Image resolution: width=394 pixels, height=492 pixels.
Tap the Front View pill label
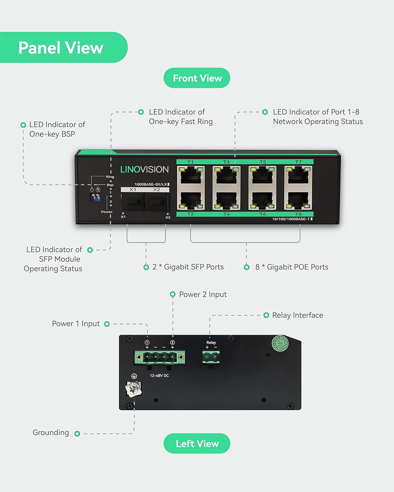pos(197,78)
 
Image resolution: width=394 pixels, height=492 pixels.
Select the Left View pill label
pos(197,443)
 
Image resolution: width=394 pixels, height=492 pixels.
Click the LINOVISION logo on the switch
pos(144,169)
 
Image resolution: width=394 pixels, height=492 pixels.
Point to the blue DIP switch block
pos(95,197)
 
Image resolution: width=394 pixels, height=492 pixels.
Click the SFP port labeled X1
pos(133,201)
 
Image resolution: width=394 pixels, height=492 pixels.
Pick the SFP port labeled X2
pos(157,201)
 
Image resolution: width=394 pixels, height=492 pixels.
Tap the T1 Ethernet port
pos(191,176)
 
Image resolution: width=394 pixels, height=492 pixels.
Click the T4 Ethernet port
pos(227,200)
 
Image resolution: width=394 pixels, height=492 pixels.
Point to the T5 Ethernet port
pos(262,176)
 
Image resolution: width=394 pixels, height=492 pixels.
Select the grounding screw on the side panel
pos(133,389)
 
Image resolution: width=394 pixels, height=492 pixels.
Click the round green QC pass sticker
pos(280,343)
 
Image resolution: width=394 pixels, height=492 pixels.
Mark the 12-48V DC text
pos(159,376)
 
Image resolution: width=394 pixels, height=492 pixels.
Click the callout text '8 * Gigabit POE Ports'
pos(292,267)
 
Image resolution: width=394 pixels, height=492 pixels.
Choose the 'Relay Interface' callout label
pos(297,315)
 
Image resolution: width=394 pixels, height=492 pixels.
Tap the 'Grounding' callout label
pos(51,433)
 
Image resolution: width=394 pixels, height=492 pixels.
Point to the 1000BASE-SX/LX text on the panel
pos(151,184)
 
